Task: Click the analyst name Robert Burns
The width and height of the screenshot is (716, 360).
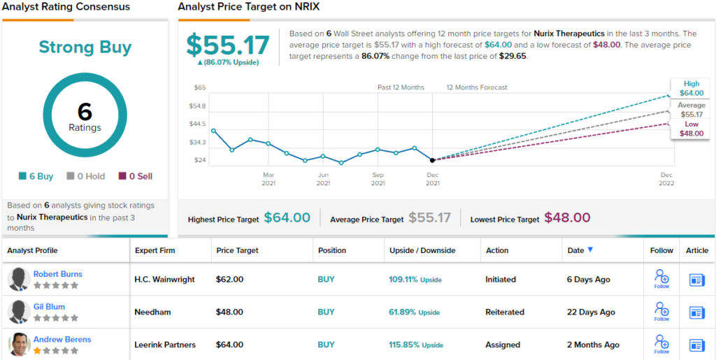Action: click(58, 274)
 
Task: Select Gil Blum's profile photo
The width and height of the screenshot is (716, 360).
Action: click(18, 312)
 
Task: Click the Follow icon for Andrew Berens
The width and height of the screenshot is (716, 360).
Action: click(661, 342)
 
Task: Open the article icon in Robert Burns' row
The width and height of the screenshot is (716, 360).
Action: click(696, 280)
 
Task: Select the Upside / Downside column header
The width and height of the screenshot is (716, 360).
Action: click(422, 250)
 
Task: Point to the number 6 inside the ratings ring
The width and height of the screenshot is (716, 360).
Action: click(85, 112)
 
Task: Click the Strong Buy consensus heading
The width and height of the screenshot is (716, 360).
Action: click(85, 48)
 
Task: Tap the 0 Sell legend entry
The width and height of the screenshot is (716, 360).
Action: click(136, 176)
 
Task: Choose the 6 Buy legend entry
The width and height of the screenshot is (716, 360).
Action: click(36, 176)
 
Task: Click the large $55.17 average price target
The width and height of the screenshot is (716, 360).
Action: click(228, 45)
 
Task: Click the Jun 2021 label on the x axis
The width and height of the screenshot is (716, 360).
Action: click(323, 179)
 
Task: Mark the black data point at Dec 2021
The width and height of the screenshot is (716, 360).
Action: click(432, 160)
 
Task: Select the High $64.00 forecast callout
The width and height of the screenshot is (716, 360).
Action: click(691, 88)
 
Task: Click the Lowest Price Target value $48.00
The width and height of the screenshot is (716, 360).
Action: click(567, 218)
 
